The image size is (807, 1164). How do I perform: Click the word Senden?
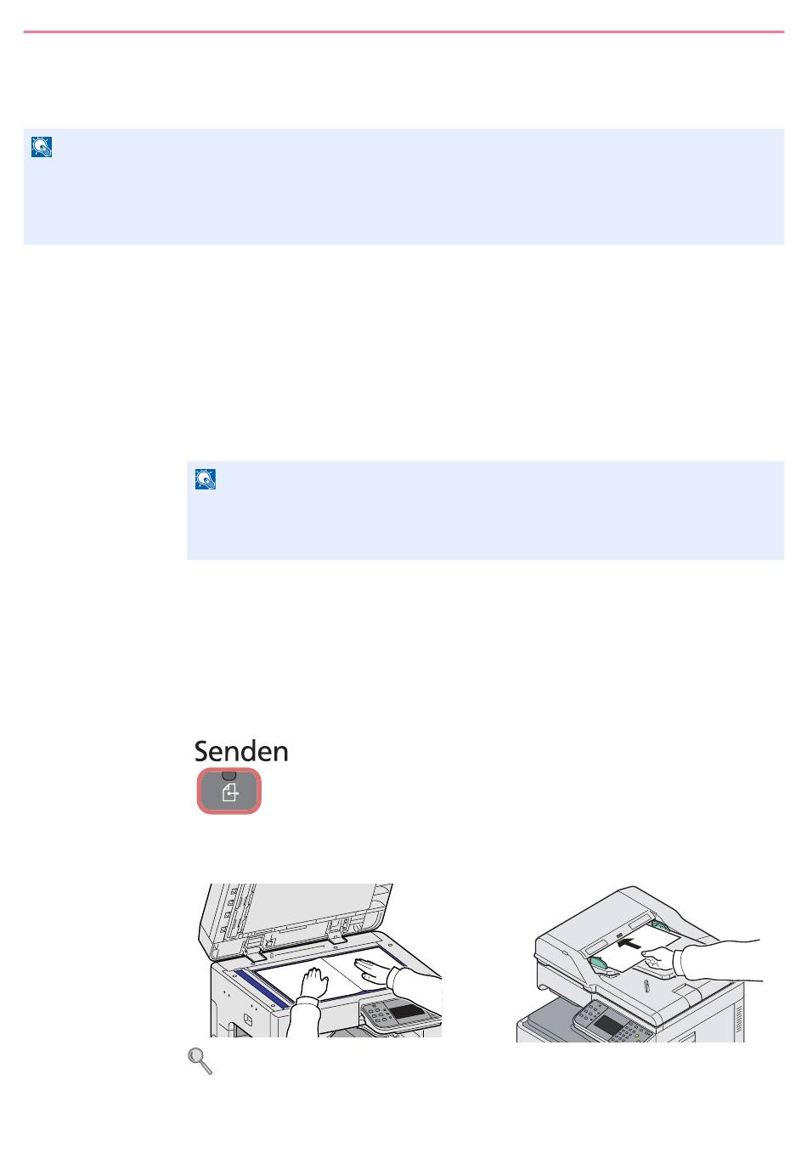241,751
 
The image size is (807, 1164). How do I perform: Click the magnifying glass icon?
200,1059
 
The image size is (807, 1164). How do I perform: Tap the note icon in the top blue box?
42,147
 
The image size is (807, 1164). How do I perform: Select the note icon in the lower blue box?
206,479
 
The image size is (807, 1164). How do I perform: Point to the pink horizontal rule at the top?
403,32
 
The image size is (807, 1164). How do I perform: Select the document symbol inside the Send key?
229,794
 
